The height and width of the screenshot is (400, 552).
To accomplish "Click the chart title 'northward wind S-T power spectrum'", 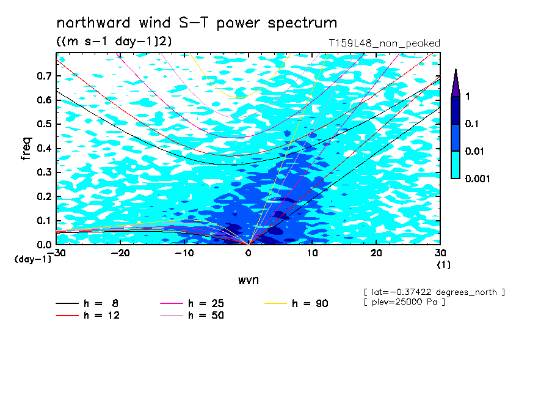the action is coord(197,23).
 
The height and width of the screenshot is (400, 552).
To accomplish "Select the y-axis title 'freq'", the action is coord(26,149).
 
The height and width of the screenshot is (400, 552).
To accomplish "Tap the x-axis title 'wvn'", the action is coord(249,280).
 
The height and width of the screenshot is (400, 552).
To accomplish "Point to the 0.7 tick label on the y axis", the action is coord(45,76).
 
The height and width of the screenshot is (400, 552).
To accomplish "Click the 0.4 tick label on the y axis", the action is coord(45,148).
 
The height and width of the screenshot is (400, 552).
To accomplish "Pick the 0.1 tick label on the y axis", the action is coord(45,220).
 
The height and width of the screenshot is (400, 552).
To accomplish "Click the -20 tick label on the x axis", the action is coord(120,253).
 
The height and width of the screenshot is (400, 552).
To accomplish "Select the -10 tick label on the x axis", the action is coord(184,253).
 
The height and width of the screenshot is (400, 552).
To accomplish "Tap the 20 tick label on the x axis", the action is coord(376,253).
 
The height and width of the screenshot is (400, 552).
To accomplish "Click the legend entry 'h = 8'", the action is coord(87,303).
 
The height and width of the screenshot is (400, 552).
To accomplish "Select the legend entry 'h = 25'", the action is coord(192,303).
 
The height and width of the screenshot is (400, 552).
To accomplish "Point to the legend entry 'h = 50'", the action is coord(192,315).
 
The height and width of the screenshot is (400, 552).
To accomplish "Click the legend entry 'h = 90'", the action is coord(296,303).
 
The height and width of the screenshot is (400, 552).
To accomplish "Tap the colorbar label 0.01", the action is coord(474,151).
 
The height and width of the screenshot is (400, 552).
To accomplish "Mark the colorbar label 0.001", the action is coord(478,179).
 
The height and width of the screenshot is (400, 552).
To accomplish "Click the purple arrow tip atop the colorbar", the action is coord(456,70).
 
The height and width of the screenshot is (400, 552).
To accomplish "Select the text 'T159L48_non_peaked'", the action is coord(385,43).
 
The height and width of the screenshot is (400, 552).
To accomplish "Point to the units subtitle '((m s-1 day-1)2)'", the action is coord(114,42).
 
